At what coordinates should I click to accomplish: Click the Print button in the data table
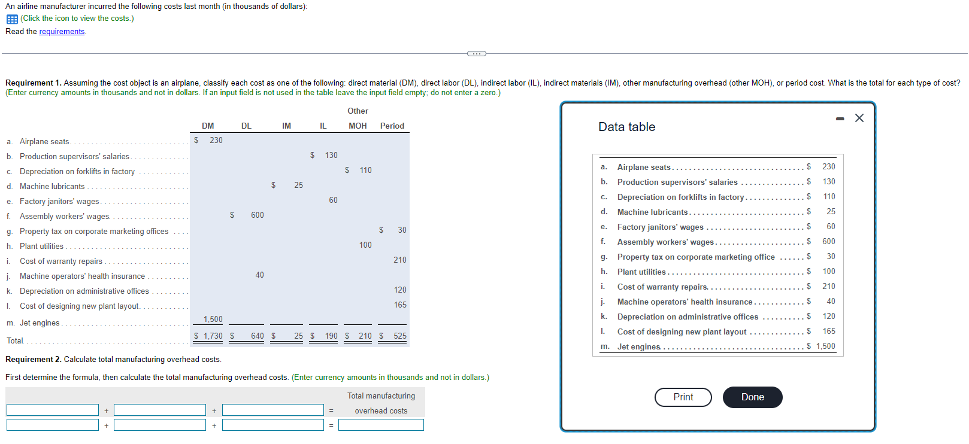point(683,397)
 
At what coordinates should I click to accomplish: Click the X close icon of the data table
point(859,118)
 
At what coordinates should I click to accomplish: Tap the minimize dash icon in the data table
point(840,119)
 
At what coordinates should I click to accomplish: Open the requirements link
point(62,32)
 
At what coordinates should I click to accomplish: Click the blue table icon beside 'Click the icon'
point(12,19)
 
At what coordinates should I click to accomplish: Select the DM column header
point(208,126)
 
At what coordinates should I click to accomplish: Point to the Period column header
point(392,126)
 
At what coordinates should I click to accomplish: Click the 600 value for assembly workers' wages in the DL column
point(257,215)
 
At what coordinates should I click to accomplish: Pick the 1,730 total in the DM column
point(213,336)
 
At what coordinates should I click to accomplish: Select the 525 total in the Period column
point(399,336)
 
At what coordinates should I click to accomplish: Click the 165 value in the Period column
point(399,305)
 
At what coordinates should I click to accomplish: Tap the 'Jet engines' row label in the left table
point(40,323)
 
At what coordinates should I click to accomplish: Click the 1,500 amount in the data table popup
point(825,346)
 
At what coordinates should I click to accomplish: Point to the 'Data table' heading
point(626,127)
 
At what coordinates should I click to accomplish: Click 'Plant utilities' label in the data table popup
point(641,272)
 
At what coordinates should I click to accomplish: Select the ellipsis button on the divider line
point(476,54)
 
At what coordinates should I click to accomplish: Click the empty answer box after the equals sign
point(381,425)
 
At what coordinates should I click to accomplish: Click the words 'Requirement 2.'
point(33,360)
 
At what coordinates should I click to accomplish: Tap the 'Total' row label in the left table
point(15,341)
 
